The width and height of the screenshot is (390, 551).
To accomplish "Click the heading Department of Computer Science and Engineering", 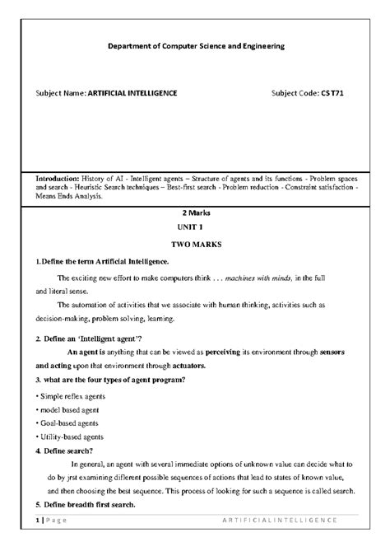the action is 196,47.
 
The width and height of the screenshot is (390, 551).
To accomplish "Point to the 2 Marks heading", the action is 196,212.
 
